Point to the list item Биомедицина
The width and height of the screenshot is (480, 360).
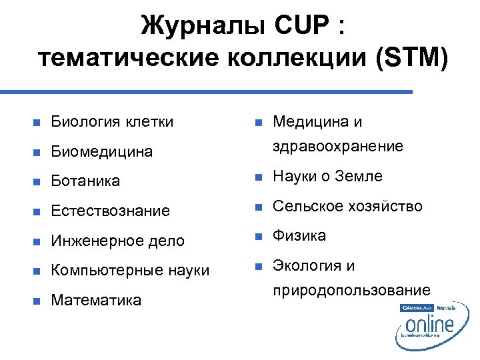[x=102, y=151]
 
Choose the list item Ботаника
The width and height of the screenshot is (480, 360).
[x=85, y=181]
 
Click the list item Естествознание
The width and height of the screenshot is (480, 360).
[x=111, y=211]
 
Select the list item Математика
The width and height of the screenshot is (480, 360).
[x=96, y=300]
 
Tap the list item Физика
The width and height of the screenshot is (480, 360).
[x=300, y=235]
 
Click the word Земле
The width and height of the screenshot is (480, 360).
[x=359, y=176]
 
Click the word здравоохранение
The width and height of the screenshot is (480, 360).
[x=338, y=146]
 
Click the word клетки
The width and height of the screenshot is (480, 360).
[x=150, y=121]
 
